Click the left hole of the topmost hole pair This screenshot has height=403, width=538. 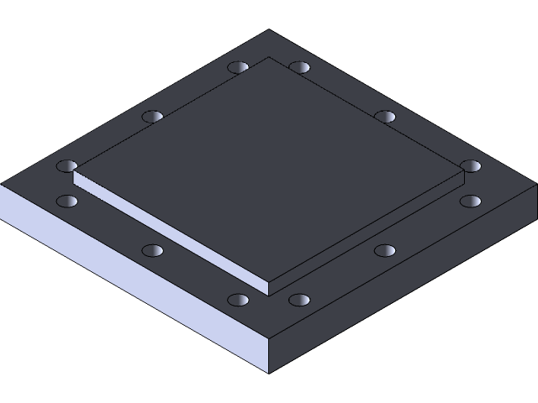click(238, 66)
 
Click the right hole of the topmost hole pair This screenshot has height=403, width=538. click(300, 66)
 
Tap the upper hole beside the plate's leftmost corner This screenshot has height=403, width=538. click(66, 166)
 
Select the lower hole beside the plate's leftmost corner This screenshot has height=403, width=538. click(66, 201)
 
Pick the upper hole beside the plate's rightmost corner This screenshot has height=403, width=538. click(471, 166)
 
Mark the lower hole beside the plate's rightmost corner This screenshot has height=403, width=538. click(471, 201)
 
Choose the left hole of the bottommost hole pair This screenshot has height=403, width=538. click(238, 300)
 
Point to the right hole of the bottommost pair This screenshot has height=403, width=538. click(300, 300)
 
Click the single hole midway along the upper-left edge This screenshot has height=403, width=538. click(152, 116)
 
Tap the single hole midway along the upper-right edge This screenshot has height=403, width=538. click(385, 116)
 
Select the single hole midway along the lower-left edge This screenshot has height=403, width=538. click(152, 250)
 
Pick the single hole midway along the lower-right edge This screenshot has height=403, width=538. click(385, 250)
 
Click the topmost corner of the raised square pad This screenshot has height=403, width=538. click(269, 58)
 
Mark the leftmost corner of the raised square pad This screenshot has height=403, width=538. click(74, 171)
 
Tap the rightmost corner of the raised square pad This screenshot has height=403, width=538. click(464, 171)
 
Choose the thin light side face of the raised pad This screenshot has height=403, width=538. click(168, 231)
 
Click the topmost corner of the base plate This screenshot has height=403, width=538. click(269, 31)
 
